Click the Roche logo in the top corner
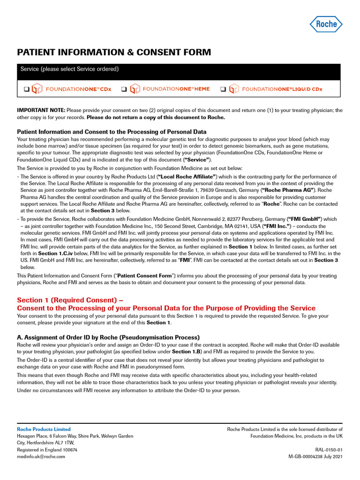tap(326, 23)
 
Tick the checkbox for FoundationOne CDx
tap(27, 89)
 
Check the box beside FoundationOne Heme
tap(124, 89)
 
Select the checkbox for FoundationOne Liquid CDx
tap(224, 89)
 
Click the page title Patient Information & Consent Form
tap(114, 52)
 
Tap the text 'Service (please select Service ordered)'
tap(69, 69)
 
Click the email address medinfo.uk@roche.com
tap(41, 456)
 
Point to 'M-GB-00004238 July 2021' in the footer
tap(315, 456)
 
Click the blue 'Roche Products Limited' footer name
tap(44, 429)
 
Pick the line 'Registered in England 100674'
tap(47, 449)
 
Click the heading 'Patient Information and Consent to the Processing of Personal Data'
tap(112, 132)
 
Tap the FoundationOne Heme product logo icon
tap(135, 89)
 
